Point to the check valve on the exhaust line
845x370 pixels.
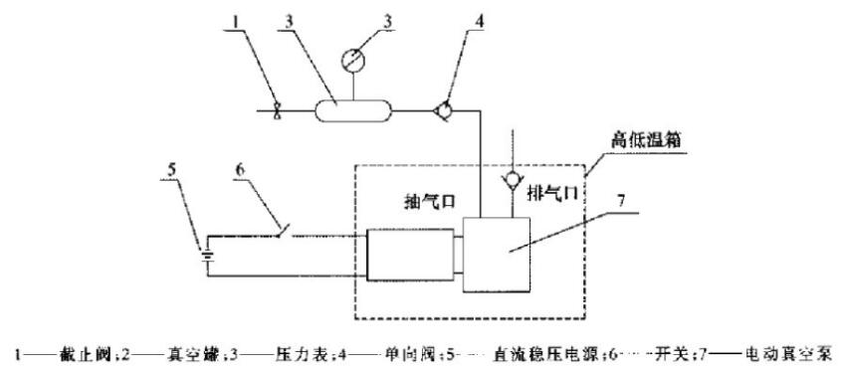tap(513, 182)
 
